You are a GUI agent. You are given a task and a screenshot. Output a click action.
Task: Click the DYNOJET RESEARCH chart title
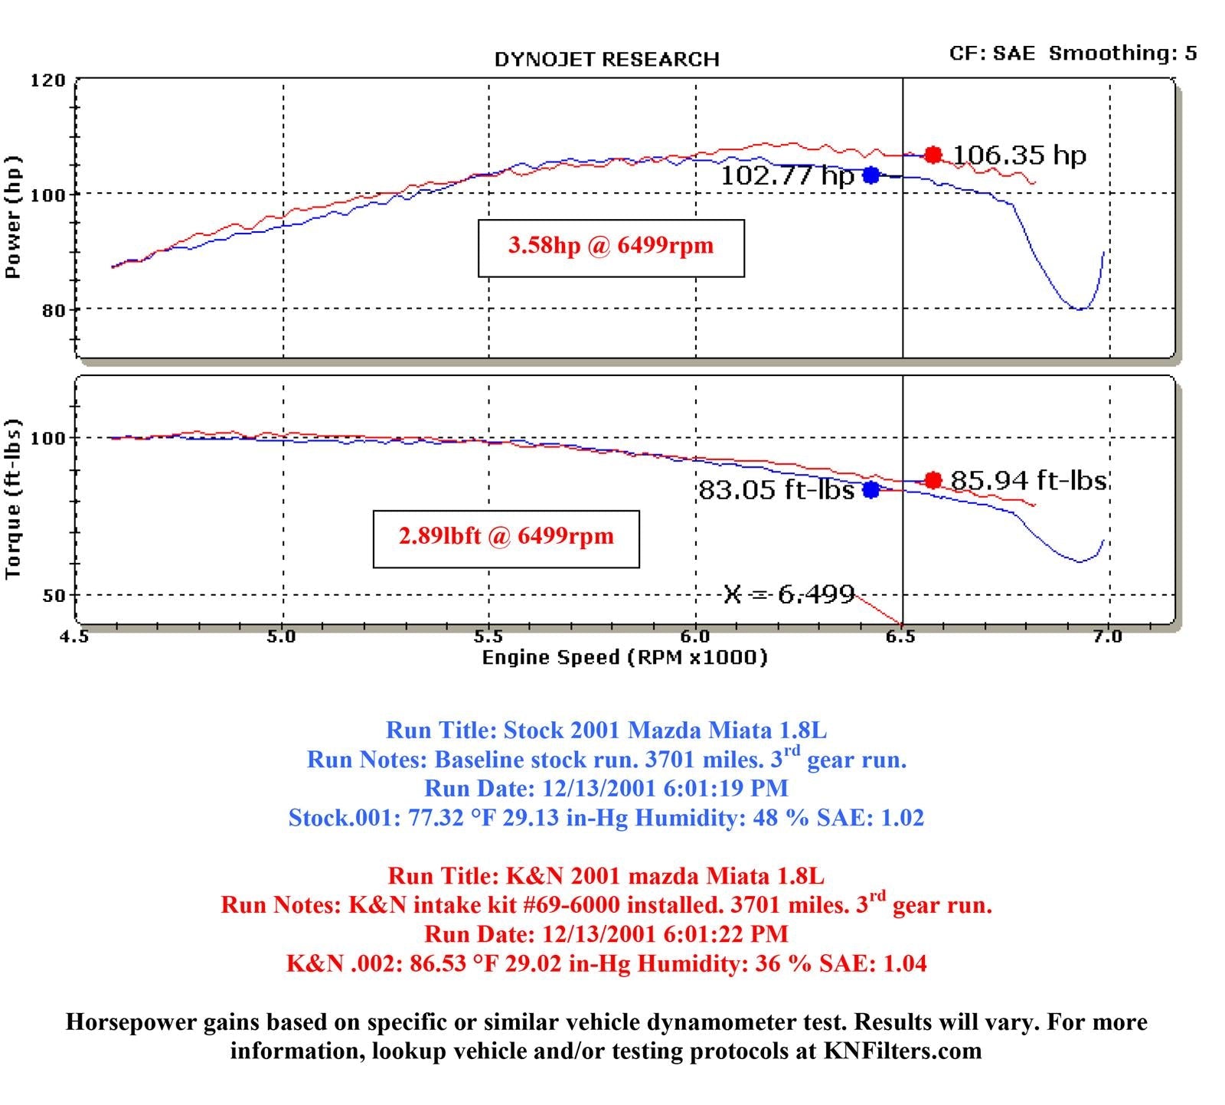(x=606, y=60)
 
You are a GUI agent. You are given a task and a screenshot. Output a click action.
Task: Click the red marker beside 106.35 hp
(x=933, y=155)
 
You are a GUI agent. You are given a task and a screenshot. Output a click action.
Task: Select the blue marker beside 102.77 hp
(x=871, y=175)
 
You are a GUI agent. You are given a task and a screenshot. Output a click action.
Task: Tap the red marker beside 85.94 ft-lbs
(x=933, y=480)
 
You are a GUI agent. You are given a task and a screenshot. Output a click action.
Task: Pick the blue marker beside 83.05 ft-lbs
(x=871, y=489)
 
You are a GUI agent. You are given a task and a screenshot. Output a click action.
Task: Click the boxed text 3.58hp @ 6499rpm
(x=611, y=247)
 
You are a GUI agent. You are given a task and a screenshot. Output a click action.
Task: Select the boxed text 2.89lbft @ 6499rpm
(x=506, y=537)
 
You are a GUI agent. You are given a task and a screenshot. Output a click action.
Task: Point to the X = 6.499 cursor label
(x=789, y=594)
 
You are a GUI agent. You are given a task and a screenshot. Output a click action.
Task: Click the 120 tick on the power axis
(x=47, y=80)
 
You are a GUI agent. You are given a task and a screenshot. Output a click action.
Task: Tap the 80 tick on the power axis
(x=53, y=310)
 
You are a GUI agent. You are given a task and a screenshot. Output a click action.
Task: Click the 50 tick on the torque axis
(x=53, y=596)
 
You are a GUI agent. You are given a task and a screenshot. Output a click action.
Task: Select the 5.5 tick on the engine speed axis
(x=488, y=637)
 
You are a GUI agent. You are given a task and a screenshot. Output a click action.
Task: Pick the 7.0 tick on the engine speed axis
(x=1108, y=637)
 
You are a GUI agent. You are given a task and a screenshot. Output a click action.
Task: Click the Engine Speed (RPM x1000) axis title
(x=624, y=657)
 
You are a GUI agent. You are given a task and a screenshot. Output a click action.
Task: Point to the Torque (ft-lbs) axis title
(x=13, y=499)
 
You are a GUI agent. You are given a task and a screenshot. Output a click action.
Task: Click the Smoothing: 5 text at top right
(x=1122, y=53)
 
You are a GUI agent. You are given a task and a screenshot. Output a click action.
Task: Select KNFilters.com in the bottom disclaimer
(x=902, y=1051)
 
